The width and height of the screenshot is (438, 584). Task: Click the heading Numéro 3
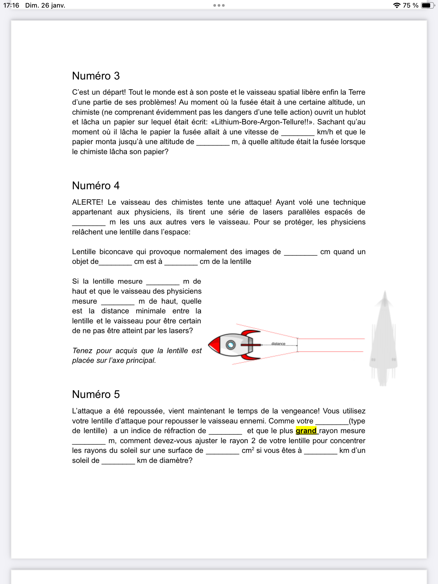[96, 76]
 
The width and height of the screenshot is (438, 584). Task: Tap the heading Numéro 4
[96, 186]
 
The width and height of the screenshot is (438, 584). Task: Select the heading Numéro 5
[96, 394]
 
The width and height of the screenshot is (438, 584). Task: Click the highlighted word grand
[306, 431]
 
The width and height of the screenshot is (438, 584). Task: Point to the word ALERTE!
[87, 202]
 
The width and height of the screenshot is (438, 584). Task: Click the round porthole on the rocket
[231, 345]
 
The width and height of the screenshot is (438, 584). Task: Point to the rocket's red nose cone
[214, 345]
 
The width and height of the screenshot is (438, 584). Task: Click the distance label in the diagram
[278, 344]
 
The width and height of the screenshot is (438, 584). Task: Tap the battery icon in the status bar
[427, 5]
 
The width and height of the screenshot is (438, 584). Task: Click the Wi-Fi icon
[396, 5]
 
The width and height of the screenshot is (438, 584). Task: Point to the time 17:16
[11, 5]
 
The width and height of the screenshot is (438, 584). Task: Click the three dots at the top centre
[219, 5]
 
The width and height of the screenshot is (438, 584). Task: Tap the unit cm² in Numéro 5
[248, 451]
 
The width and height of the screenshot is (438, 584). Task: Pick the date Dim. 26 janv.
[45, 5]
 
